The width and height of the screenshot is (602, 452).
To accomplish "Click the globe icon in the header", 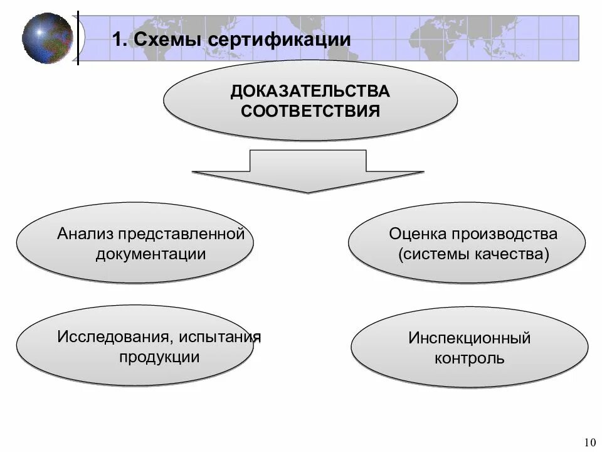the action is click(x=47, y=38).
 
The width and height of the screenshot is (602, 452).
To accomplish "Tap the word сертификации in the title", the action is click(x=280, y=40).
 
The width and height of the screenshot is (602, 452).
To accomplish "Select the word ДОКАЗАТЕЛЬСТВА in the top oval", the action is click(x=310, y=92).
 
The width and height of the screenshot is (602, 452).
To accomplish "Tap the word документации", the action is click(x=150, y=254).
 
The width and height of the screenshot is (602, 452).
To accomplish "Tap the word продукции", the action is click(x=159, y=357).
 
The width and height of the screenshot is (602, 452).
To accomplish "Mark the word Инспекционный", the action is click(x=470, y=338).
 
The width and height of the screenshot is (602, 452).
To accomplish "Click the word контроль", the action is click(x=470, y=359).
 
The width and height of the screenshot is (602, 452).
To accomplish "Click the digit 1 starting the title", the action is click(x=117, y=40).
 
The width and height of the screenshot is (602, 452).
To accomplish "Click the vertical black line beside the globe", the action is click(x=78, y=38).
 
